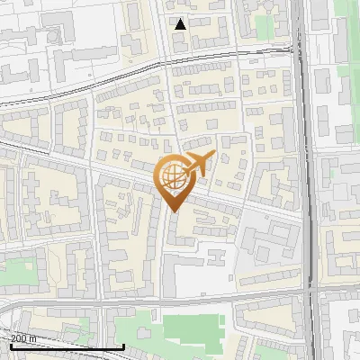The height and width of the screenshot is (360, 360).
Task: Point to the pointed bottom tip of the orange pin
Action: click(174, 211)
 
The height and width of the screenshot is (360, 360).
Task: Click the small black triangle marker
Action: click(181, 24)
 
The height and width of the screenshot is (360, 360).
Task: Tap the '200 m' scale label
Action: click(24, 338)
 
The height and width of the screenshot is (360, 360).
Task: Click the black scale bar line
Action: click(63, 346)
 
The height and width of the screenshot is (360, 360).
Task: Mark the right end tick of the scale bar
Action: click(123, 345)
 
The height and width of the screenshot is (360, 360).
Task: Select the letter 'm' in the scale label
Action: click(33, 338)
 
